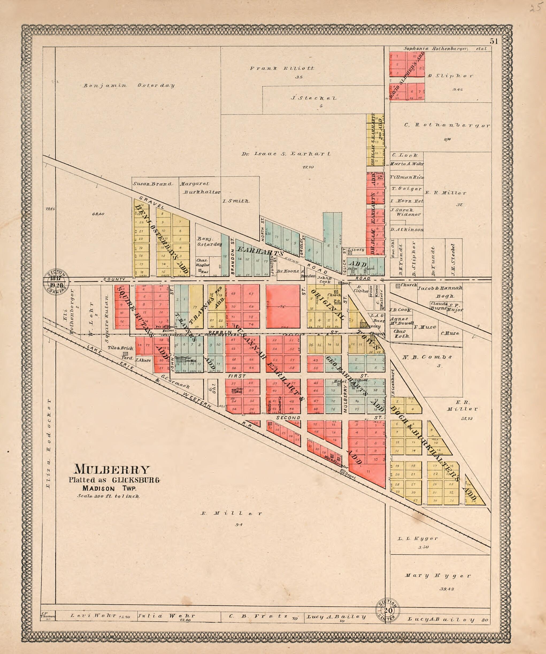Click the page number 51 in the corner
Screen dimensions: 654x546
tap(493, 41)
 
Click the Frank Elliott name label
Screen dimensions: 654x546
tap(282, 68)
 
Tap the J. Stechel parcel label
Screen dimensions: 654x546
tap(314, 98)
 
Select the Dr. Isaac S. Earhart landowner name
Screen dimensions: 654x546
tap(286, 154)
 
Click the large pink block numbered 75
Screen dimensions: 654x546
tap(283, 306)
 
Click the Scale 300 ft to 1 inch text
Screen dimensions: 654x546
tap(109, 496)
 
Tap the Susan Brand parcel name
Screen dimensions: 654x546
tap(152, 184)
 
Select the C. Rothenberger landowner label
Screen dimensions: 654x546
tap(447, 126)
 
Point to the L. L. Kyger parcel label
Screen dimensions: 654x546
tap(422, 538)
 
